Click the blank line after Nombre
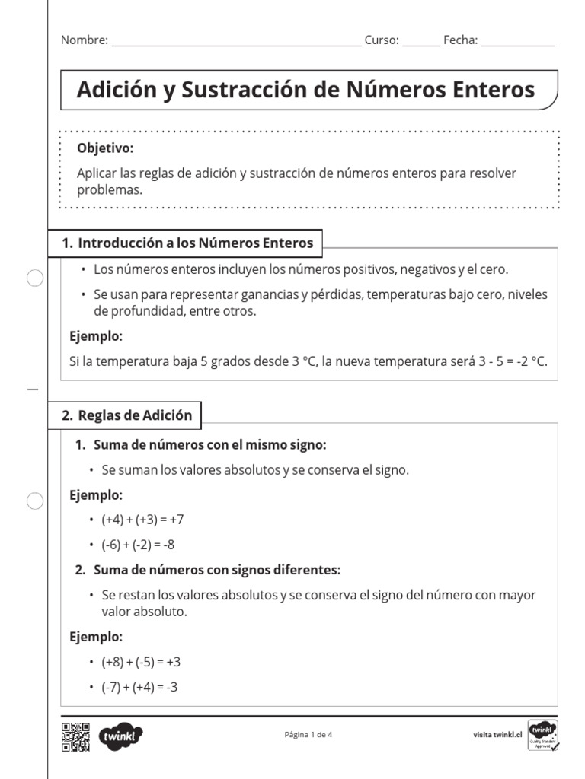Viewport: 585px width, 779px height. (236, 43)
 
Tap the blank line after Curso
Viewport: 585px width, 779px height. (420, 43)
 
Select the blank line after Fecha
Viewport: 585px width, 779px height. (518, 43)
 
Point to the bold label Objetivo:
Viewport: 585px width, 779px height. (105, 148)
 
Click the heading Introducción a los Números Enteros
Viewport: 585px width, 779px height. (195, 243)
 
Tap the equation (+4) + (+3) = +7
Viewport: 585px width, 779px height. (142, 520)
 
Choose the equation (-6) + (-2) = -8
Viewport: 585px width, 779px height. (139, 545)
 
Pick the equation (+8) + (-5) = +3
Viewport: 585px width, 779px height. (141, 662)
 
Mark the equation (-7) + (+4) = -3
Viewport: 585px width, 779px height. (139, 687)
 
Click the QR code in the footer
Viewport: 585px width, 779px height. (75, 736)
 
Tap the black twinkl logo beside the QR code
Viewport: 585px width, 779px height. (120, 736)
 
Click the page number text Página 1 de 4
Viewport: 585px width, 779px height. (308, 735)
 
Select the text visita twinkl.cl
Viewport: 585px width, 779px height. (497, 736)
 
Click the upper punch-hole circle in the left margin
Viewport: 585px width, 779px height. (35, 279)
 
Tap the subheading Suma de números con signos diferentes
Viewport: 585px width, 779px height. (216, 570)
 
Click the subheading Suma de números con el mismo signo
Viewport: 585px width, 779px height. (209, 444)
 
